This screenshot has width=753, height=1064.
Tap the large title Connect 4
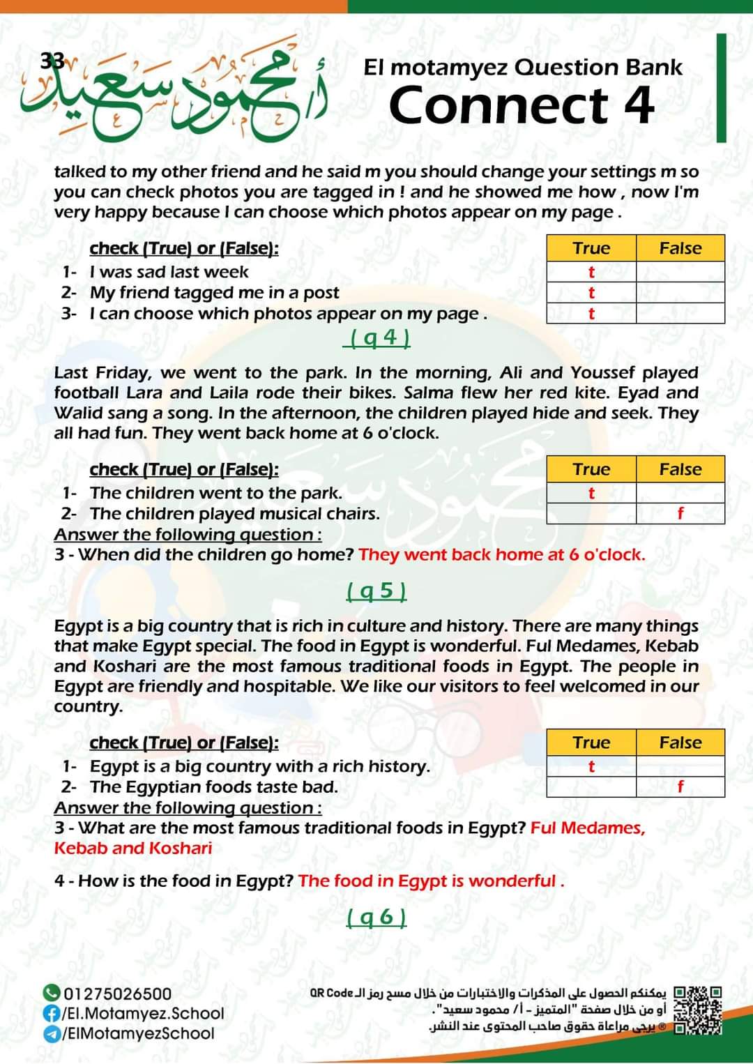(x=522, y=105)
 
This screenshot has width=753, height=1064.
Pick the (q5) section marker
(x=376, y=592)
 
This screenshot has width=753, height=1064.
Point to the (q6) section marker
(x=376, y=917)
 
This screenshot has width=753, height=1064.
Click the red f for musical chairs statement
(x=680, y=514)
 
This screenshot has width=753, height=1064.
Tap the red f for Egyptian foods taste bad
(x=680, y=787)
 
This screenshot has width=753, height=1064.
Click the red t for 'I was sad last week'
(x=591, y=272)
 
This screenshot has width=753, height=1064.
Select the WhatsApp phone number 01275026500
(x=117, y=994)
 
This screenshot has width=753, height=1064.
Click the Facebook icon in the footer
(x=51, y=1013)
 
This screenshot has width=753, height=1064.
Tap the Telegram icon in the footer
(x=51, y=1033)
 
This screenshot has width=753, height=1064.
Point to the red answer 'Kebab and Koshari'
(x=133, y=849)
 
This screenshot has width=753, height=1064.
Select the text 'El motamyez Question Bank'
(x=523, y=68)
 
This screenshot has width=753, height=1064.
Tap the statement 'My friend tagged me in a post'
(x=214, y=293)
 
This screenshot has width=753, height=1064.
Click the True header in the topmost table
(x=591, y=249)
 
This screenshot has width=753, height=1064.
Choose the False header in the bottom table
(x=680, y=743)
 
